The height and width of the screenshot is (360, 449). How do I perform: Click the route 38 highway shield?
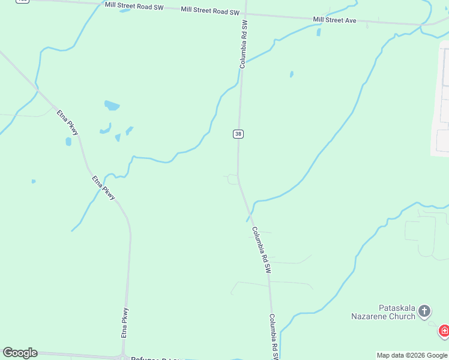238,134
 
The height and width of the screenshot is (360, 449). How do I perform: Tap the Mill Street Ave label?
334,20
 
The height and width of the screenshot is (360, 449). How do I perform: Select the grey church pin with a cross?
424,311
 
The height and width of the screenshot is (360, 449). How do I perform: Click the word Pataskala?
397,307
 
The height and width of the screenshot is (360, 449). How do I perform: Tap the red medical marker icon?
444,331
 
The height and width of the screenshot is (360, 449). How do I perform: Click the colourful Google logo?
20,353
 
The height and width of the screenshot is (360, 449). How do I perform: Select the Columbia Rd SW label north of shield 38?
244,43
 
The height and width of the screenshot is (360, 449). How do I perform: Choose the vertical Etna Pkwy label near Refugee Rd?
125,323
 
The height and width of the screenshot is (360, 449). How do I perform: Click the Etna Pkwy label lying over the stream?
103,187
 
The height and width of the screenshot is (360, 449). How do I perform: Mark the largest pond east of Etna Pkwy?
112,106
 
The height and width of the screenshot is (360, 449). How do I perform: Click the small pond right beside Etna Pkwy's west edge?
68,142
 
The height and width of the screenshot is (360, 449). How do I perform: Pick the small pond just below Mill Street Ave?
318,32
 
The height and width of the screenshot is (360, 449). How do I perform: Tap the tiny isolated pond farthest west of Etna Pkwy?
34,181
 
